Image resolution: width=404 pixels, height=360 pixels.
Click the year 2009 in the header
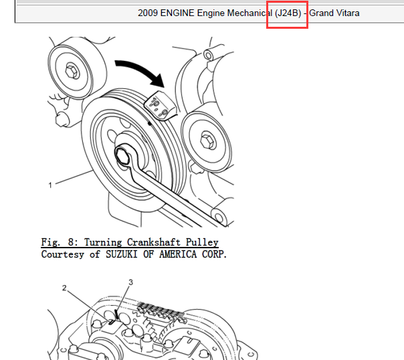tap(148, 13)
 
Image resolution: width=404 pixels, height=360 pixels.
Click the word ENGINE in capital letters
tap(177, 13)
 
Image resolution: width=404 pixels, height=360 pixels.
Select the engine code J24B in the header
tap(288, 13)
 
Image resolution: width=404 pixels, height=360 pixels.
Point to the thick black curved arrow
tap(140, 70)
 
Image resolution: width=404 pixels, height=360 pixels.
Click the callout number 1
tap(50, 185)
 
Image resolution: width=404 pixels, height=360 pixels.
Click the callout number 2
tap(64, 288)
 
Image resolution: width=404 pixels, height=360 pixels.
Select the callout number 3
tap(131, 282)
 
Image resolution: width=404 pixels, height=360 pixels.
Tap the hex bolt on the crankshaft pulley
tap(122, 156)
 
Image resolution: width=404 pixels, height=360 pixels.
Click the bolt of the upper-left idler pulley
tap(72, 71)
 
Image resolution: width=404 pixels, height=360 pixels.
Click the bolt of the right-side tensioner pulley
tap(208, 141)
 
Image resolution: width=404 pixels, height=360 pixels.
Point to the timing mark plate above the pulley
tap(160, 106)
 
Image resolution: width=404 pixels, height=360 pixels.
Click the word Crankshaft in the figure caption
tap(154, 242)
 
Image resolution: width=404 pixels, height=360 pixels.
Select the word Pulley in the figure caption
tap(202, 242)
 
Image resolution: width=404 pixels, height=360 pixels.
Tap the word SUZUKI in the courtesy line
tap(121, 254)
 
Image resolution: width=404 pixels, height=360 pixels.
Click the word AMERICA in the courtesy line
tap(178, 254)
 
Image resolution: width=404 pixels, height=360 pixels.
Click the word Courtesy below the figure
tap(63, 254)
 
